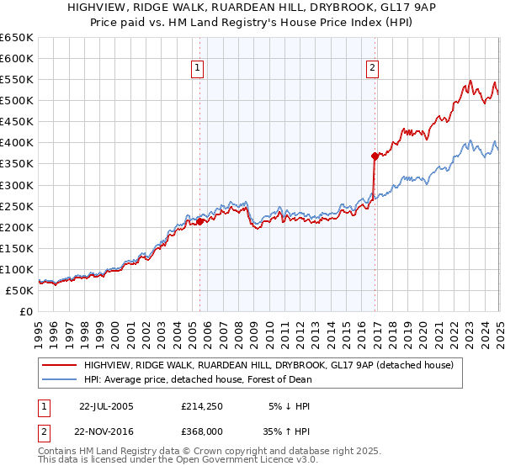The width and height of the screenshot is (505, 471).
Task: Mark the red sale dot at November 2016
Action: click(374, 156)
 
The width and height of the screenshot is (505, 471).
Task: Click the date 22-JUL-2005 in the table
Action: click(106, 406)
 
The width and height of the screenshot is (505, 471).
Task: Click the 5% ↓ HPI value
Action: click(289, 406)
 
